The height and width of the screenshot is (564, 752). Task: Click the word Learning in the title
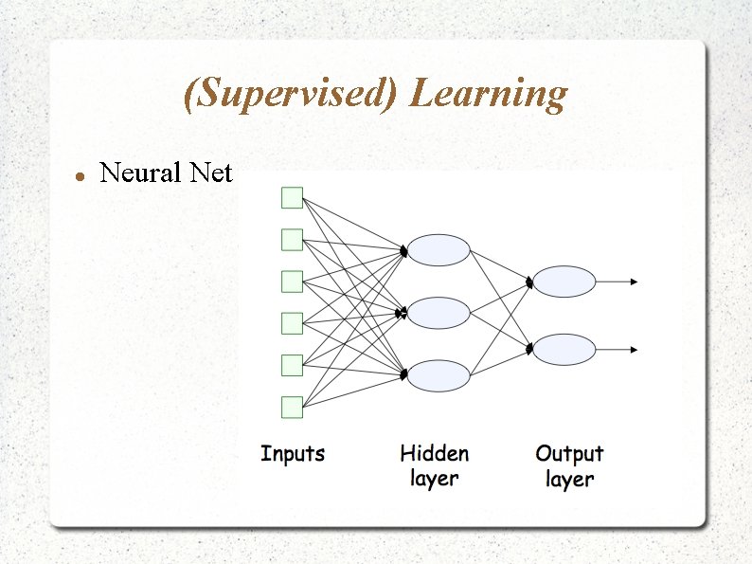(490, 95)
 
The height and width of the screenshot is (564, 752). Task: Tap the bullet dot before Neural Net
(81, 176)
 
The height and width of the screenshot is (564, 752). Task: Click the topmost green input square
(292, 197)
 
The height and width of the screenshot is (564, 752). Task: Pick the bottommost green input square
(292, 408)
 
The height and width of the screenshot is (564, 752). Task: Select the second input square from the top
(292, 239)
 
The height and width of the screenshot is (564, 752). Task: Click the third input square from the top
(292, 282)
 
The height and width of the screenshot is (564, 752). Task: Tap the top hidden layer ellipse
(439, 250)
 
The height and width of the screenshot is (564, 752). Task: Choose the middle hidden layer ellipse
(439, 313)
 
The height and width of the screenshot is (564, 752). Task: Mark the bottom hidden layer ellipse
(439, 375)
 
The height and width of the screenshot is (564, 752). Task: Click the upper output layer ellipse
(564, 282)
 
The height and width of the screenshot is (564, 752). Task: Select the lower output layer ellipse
(564, 350)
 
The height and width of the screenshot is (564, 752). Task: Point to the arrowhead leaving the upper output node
(635, 282)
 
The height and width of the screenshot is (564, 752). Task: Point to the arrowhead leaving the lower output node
(635, 350)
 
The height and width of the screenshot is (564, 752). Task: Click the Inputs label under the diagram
(293, 454)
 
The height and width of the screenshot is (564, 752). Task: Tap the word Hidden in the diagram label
(435, 454)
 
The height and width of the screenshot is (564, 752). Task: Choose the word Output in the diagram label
(569, 454)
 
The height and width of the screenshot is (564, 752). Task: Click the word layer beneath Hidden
(435, 479)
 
